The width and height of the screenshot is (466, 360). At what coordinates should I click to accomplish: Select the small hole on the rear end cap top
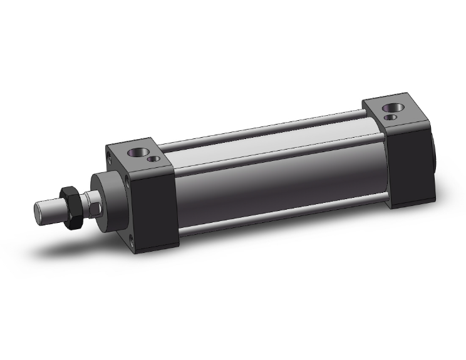tap(390, 116)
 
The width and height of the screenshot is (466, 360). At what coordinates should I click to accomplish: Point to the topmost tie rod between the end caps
tap(263, 128)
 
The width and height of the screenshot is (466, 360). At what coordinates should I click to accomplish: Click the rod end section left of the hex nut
tap(49, 210)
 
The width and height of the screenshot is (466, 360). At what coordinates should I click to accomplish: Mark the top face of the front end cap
tap(141, 157)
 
